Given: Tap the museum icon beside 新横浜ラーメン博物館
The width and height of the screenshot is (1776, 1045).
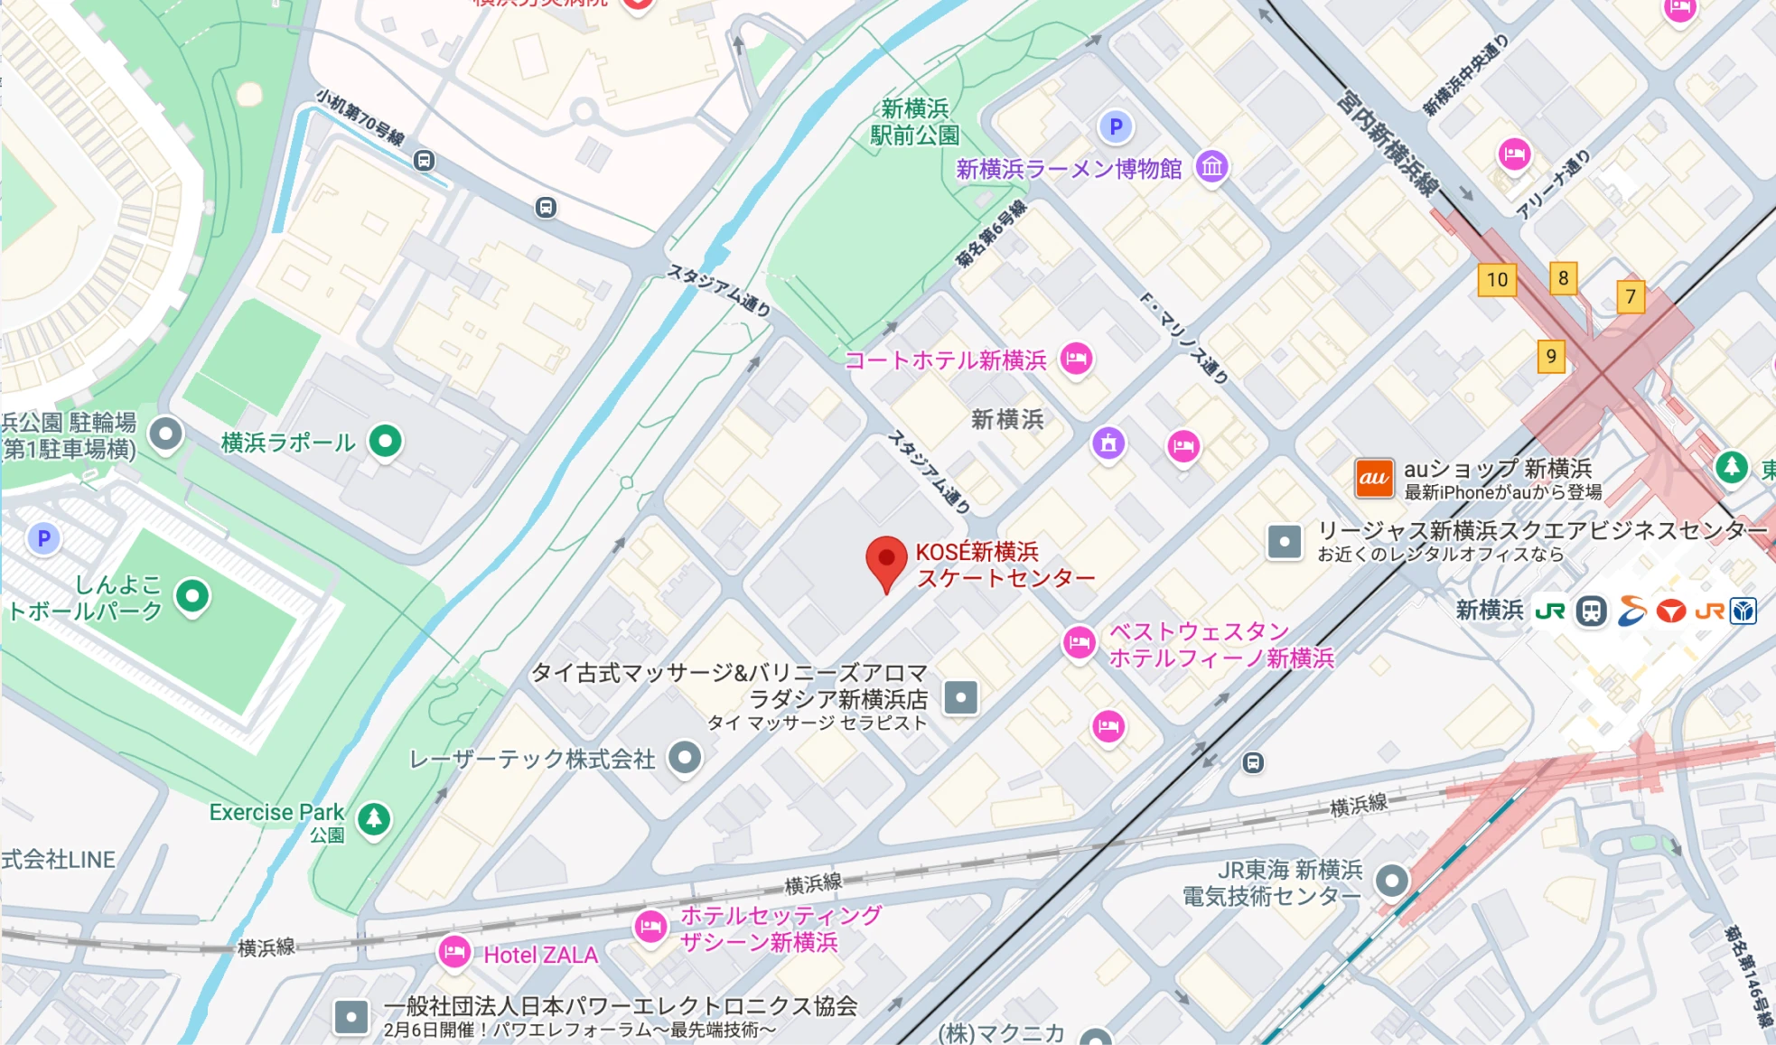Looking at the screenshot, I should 1211,166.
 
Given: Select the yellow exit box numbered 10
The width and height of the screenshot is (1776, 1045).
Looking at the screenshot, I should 1497,280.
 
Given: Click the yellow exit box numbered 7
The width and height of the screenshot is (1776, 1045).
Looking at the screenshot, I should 1630,296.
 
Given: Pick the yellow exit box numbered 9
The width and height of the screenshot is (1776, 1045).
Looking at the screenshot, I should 1550,356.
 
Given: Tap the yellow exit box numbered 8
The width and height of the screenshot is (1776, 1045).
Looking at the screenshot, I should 1563,278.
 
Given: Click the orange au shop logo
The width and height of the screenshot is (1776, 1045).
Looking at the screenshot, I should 1373,478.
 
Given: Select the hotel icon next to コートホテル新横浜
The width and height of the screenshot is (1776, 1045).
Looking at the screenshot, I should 1076,359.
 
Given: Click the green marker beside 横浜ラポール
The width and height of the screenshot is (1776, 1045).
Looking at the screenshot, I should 386,441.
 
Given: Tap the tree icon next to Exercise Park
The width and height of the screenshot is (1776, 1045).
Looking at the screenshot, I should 374,818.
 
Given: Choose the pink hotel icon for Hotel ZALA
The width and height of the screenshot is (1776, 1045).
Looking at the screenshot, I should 454,951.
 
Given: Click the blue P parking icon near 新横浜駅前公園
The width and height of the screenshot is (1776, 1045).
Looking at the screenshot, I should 1116,127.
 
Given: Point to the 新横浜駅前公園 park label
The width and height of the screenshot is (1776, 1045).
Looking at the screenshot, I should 914,122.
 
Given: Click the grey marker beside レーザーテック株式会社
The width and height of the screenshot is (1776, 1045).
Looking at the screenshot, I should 685,757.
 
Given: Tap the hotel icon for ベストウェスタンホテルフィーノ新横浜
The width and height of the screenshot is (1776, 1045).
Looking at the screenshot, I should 1079,643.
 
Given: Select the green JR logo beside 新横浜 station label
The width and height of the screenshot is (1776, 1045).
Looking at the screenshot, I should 1550,611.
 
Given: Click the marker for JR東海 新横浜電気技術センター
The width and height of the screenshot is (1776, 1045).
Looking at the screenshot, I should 1391,880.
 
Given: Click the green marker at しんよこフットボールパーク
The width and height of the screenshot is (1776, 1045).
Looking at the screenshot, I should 192,595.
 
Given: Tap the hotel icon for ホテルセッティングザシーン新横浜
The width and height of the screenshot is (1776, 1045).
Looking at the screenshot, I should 650,927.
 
